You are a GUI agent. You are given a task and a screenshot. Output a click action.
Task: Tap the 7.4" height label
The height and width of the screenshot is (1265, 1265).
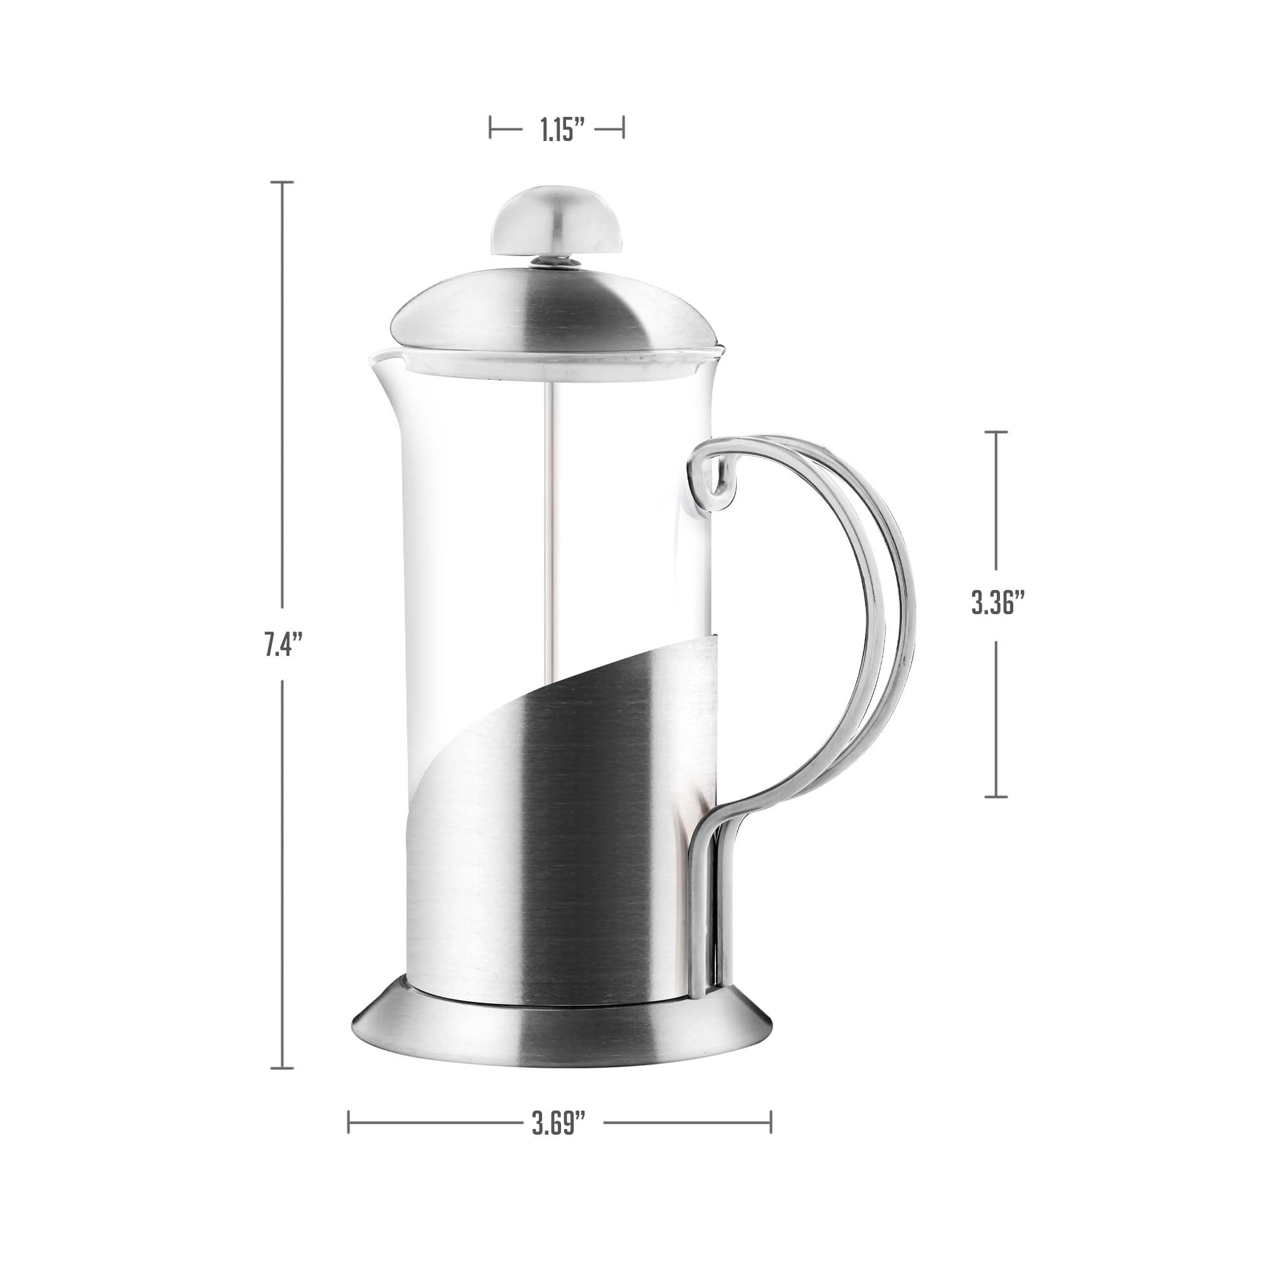click(282, 645)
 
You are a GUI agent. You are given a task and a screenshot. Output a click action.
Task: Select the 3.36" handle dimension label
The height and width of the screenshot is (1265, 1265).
click(997, 603)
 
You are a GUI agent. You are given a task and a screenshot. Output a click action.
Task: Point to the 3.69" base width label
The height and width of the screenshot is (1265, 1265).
click(557, 1126)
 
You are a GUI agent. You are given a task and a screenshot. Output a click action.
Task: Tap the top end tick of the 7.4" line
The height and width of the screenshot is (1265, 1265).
click(282, 183)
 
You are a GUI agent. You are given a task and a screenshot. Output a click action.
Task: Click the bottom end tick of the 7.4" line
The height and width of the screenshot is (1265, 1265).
click(282, 1068)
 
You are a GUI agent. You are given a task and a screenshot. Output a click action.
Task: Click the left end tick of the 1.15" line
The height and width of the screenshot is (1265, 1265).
click(490, 127)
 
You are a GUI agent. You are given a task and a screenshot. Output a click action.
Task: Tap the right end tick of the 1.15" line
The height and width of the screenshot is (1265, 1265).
click(622, 127)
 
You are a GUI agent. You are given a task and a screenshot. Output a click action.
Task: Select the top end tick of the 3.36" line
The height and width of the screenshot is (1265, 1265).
click(996, 432)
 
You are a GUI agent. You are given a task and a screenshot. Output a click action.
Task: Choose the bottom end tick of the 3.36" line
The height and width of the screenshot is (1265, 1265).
click(996, 797)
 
